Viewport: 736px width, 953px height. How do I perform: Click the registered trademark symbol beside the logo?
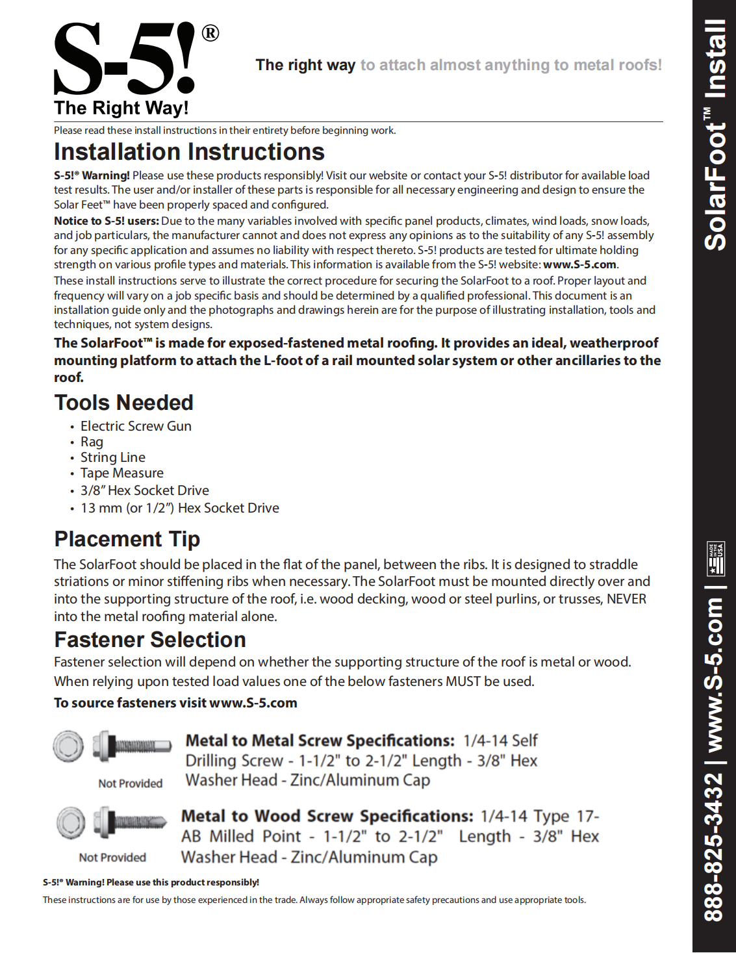(210, 33)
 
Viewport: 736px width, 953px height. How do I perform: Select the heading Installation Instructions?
(189, 152)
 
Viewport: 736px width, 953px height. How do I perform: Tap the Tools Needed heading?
(123, 403)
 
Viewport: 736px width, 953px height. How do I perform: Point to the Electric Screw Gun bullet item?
(136, 426)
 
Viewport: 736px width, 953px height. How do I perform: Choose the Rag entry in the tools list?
(92, 442)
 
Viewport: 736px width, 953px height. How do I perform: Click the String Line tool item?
(113, 457)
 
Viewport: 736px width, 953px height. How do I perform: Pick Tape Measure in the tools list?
(122, 473)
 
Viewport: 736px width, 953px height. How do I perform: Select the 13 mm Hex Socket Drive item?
(180, 508)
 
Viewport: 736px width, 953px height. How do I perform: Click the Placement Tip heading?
(127, 539)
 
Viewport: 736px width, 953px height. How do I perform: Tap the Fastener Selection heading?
(150, 640)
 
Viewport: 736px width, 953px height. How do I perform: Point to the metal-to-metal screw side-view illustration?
(132, 746)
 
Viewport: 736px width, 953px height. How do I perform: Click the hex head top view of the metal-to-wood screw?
(70, 822)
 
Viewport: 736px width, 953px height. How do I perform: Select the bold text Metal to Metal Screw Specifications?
(320, 741)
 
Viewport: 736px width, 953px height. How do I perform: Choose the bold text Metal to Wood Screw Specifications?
(327, 816)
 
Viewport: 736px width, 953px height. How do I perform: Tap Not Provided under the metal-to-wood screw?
(112, 858)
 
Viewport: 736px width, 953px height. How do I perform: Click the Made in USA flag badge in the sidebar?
(715, 559)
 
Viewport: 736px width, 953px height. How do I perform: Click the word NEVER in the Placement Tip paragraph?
(626, 599)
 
